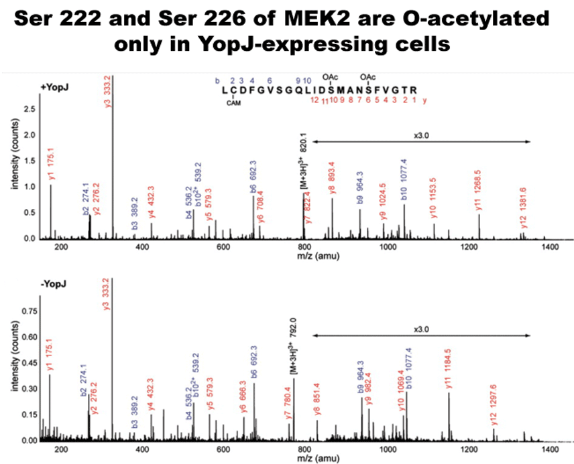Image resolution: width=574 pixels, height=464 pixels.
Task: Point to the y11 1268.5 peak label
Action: click(x=479, y=191)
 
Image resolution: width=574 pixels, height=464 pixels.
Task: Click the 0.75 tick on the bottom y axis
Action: click(x=26, y=311)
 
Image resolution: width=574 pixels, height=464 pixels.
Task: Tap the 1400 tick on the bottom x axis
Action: click(x=550, y=449)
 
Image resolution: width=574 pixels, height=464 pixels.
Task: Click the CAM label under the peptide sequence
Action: click(x=233, y=103)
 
